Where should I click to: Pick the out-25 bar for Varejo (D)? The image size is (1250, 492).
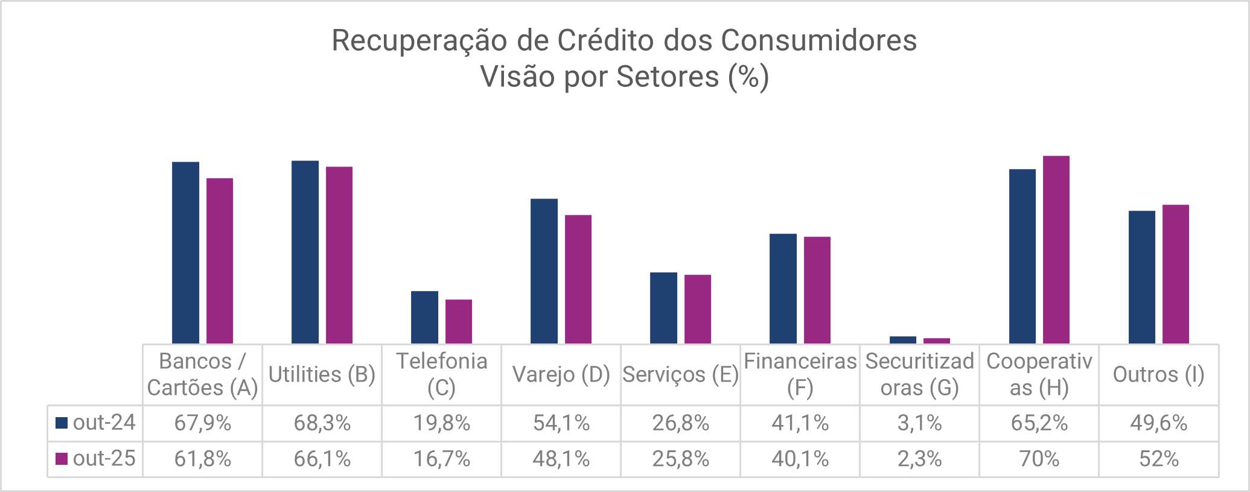578,279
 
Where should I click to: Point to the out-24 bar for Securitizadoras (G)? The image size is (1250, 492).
903,340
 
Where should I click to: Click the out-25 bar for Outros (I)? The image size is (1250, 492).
1176,274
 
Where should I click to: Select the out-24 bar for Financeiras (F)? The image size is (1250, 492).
783,289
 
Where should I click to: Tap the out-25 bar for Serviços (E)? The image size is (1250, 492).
698,309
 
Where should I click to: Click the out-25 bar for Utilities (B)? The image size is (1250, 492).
339,255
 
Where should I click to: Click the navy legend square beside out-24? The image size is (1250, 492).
61,423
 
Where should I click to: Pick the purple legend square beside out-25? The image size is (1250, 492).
61,459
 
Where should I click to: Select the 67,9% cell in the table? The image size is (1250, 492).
203,423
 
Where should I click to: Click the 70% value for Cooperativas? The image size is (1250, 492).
1039,459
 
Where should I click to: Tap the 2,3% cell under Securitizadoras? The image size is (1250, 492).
919,459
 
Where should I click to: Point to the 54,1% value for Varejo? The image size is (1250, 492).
561,423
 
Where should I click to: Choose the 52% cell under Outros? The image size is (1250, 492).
1158,459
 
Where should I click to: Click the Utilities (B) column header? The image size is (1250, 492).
322,375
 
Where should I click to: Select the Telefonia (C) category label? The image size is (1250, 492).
442,374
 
